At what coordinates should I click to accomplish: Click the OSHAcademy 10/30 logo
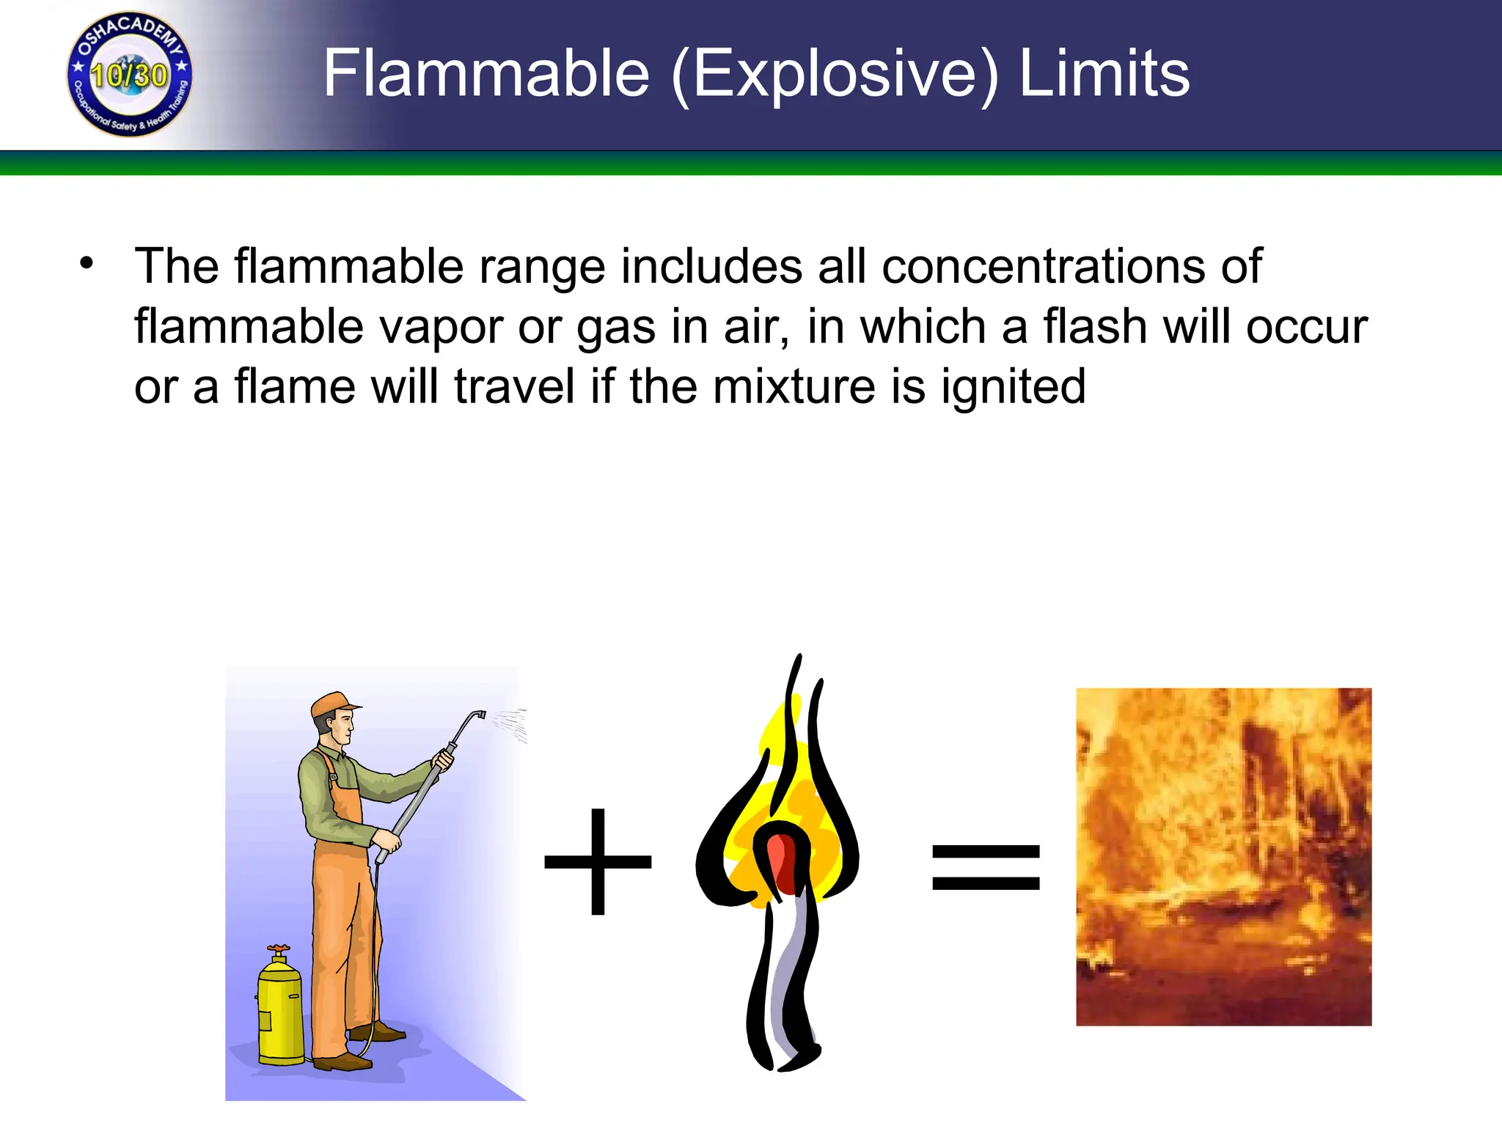[x=129, y=74]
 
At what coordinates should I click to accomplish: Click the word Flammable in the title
[x=486, y=73]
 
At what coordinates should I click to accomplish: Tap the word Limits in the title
[x=1104, y=73]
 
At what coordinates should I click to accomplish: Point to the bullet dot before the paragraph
[x=87, y=263]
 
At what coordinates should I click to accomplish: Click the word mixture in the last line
[x=794, y=386]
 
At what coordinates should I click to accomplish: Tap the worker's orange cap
[x=334, y=704]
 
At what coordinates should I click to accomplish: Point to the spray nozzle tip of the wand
[x=480, y=714]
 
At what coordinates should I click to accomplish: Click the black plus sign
[x=598, y=862]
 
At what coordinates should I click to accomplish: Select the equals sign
[x=986, y=867]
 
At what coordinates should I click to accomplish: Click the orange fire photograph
[x=1223, y=856]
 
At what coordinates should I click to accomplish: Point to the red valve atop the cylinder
[x=278, y=951]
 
